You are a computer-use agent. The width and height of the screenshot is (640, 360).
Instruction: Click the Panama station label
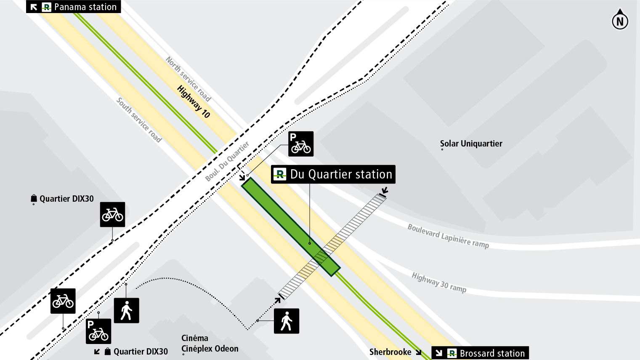[74, 7]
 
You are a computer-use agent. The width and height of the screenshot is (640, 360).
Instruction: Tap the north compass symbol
[620, 20]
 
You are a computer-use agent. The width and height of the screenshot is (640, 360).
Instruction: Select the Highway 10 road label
[193, 101]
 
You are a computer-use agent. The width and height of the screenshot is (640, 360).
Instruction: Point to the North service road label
[188, 79]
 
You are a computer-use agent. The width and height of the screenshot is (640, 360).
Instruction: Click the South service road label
[139, 120]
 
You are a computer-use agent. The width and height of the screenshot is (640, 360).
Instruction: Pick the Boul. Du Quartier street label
[227, 162]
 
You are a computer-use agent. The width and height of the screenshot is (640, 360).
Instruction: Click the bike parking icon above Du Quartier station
[301, 144]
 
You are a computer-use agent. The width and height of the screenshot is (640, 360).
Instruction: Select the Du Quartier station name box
[333, 174]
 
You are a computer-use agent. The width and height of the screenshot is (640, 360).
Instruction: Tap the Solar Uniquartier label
[471, 144]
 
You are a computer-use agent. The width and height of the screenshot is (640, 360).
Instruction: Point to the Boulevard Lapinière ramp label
[448, 236]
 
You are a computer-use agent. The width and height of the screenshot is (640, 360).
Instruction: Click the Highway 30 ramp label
[439, 283]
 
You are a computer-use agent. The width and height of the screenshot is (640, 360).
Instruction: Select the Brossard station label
[480, 353]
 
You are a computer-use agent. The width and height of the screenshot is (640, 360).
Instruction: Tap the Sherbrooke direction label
[390, 352]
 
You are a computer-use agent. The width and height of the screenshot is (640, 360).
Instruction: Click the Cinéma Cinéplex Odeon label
[210, 344]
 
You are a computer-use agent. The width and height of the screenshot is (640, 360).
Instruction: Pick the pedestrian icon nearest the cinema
[287, 321]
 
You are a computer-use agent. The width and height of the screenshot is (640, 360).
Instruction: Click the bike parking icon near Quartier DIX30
[98, 331]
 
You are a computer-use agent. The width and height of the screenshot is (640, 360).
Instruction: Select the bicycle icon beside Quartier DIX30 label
[112, 214]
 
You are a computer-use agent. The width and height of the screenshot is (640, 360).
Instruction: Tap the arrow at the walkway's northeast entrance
[384, 191]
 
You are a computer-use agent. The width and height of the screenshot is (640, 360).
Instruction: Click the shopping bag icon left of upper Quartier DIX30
[34, 198]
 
